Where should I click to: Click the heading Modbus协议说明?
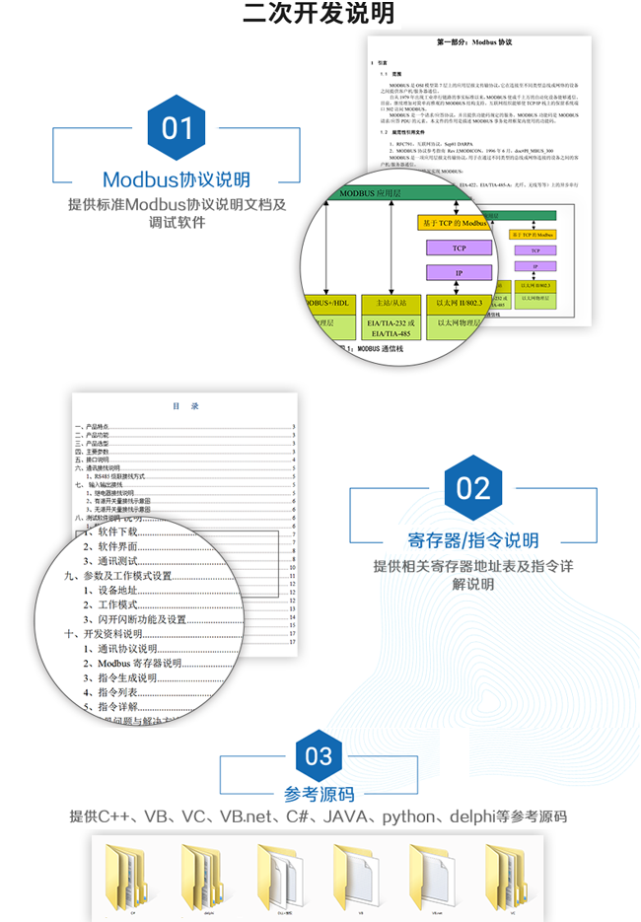pos(177,179)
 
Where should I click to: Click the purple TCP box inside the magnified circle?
pos(459,248)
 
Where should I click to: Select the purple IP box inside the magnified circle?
pos(459,272)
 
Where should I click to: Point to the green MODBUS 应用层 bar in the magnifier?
pos(394,195)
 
